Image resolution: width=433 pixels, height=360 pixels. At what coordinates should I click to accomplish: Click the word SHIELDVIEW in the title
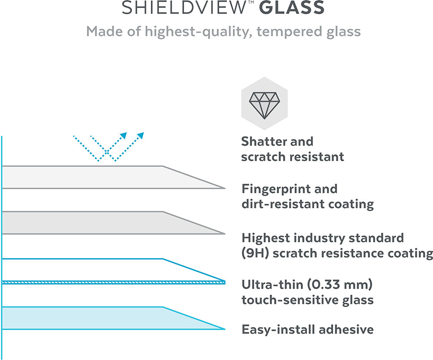coord(183,8)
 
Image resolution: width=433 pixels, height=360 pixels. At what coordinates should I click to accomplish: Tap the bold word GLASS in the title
coord(291,8)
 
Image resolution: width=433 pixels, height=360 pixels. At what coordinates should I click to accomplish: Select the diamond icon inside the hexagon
coord(264,105)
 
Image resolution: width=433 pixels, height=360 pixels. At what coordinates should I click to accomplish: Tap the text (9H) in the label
coord(255,253)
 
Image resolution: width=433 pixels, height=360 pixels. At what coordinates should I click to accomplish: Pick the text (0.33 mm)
coord(340,285)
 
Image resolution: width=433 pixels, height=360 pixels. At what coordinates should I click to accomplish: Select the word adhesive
coord(346,329)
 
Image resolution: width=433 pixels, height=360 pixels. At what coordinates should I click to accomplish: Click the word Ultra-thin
coord(272,285)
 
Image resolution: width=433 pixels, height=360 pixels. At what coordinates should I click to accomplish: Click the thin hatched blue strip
coord(114,282)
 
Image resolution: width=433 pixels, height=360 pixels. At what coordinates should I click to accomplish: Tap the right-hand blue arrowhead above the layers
coord(141,135)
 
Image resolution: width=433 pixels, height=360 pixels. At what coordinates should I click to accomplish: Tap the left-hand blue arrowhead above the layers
coord(123,135)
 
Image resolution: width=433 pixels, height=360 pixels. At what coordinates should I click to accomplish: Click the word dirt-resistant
coord(279,204)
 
